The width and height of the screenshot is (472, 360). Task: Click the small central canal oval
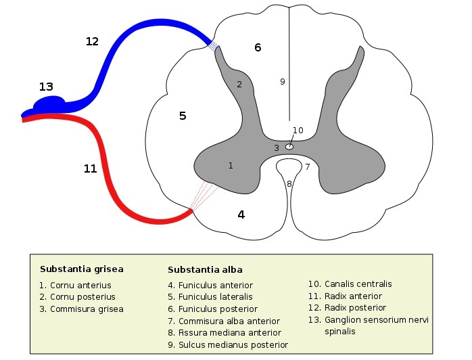[289, 145]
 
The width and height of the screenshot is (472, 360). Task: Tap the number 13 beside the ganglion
[46, 87]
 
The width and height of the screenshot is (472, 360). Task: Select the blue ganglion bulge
[48, 104]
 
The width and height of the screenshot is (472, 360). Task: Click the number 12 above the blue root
[92, 41]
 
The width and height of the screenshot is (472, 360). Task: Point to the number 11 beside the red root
[90, 168]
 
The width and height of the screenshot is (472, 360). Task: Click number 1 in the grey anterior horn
[231, 165]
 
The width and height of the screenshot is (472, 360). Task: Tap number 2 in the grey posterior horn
[239, 85]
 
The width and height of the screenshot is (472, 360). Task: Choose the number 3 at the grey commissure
[276, 148]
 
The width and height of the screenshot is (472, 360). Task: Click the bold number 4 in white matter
[241, 215]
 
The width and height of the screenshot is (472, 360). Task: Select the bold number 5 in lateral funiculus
[182, 116]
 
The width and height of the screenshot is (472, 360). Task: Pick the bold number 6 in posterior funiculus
[257, 47]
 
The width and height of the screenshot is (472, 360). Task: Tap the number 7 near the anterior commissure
[307, 166]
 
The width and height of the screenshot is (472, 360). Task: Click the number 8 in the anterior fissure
[289, 183]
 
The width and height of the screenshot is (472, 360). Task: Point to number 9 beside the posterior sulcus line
[283, 82]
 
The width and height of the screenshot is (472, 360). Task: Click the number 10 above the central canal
[298, 130]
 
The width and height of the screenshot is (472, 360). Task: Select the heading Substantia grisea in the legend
[81, 269]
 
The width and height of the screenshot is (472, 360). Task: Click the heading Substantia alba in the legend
[204, 269]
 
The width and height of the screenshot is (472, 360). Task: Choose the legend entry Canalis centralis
[349, 284]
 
